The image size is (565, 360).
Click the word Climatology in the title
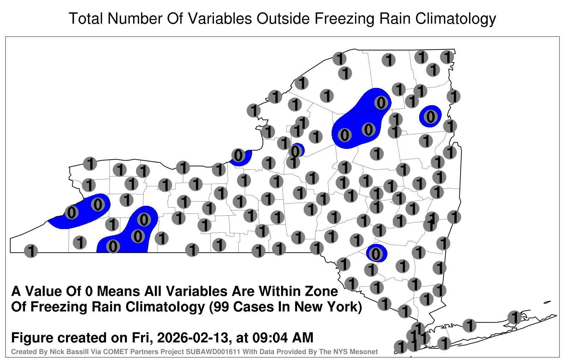pos(456,19)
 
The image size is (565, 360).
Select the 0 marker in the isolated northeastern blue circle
pos(430,117)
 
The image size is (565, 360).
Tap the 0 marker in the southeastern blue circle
pos(376,254)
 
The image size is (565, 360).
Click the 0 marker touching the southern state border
pos(113,246)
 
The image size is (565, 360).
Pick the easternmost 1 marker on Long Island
pos(514,317)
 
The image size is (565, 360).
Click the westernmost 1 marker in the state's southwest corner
pos(31,251)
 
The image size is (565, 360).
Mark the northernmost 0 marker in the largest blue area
pos(381,103)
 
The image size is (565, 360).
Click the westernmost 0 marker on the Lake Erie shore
pos(72,212)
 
